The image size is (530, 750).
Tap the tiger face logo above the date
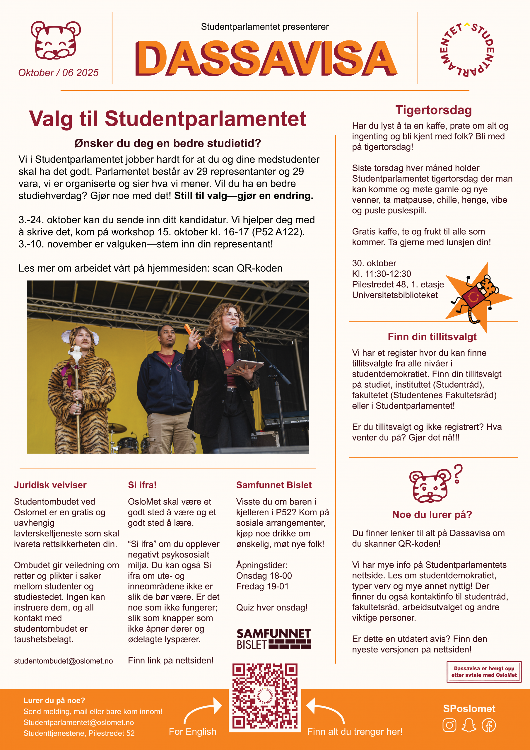coord(56,40)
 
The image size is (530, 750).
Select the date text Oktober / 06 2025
coord(59,73)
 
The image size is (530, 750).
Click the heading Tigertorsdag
coord(433,110)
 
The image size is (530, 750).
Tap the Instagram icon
coord(449,725)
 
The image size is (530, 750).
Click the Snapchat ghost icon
coord(469,725)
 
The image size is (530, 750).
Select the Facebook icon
coord(488,725)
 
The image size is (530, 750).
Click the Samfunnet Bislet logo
coord(274,639)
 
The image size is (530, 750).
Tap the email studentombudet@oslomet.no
coord(63,661)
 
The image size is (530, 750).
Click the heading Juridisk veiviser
coord(50,485)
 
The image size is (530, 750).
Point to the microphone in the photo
coord(243,329)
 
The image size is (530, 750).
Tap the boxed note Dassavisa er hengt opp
coord(484,671)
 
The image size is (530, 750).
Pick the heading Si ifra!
coord(142,485)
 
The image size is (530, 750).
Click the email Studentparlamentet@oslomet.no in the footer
coord(78,722)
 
